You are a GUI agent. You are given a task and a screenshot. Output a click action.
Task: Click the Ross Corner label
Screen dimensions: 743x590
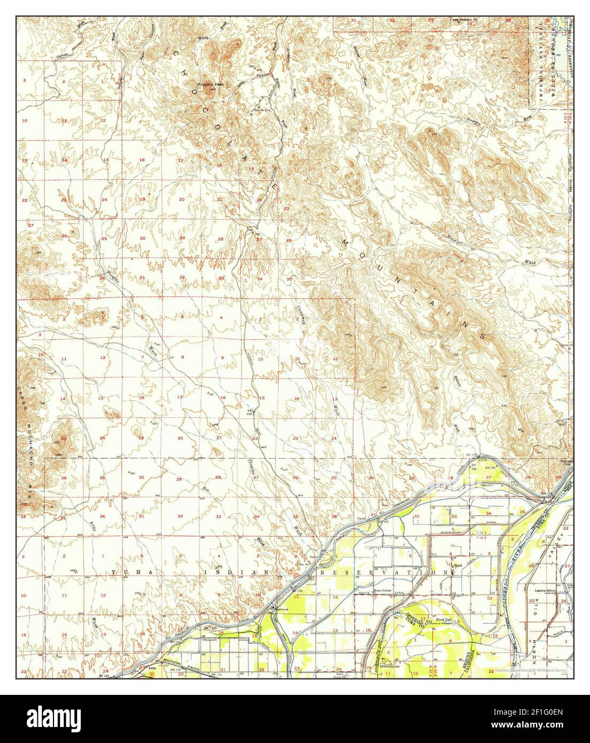click(x=384, y=591)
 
